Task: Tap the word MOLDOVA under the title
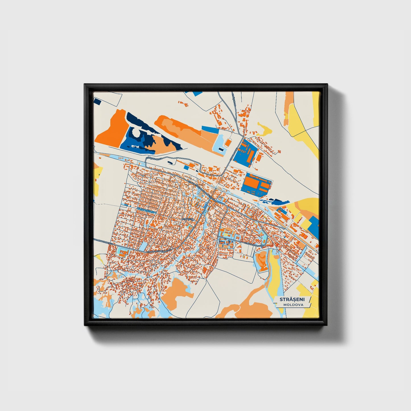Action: [293, 305]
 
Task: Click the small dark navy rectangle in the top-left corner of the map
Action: [97, 101]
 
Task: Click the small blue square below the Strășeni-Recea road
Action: [186, 168]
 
